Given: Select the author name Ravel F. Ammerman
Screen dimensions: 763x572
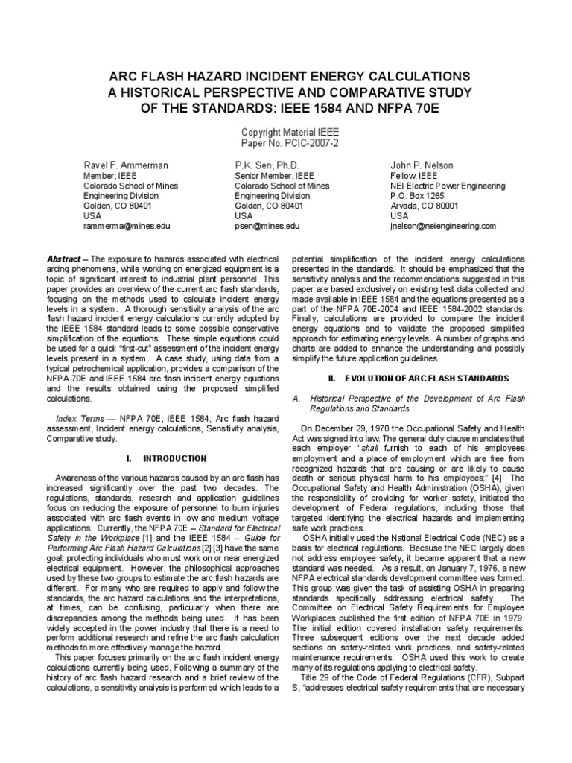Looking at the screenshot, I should coord(124,163).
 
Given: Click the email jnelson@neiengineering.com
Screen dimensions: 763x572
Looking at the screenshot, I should coord(442,225).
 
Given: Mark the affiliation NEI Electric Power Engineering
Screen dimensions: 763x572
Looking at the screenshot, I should coord(448,186).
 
